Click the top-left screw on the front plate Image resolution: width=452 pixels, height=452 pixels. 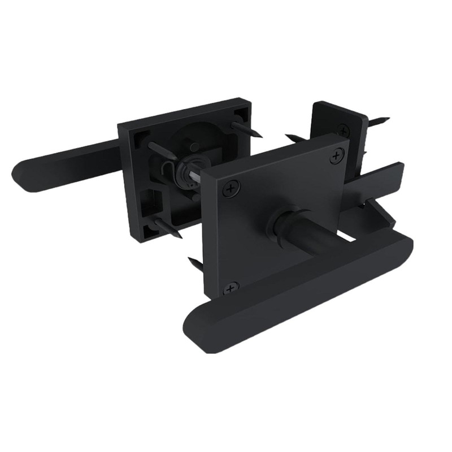229,190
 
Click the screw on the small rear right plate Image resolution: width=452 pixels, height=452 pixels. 342,129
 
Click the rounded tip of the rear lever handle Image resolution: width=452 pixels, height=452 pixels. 23,172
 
